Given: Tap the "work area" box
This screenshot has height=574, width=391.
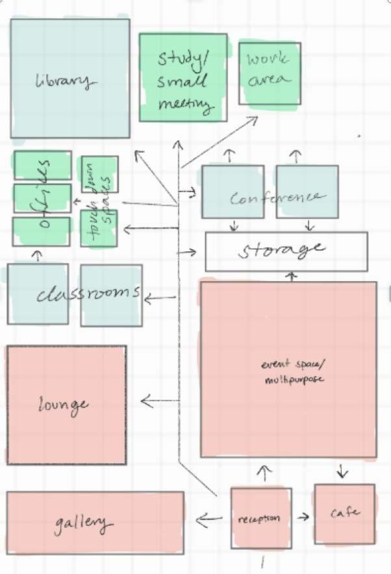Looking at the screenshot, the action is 270,73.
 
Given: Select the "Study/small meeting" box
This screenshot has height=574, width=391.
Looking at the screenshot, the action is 183,78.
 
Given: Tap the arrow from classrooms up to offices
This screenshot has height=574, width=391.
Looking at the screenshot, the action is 37,256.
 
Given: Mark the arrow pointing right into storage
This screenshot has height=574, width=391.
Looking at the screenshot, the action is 189,251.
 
